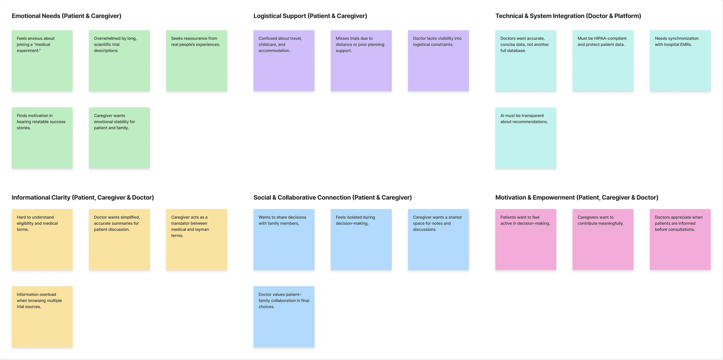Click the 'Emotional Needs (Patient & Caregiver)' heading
(x=67, y=16)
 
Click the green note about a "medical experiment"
(x=42, y=61)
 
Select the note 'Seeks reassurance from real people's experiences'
(x=196, y=61)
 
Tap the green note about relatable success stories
(x=42, y=138)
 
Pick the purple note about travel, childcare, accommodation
(x=284, y=61)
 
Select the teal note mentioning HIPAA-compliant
(x=603, y=61)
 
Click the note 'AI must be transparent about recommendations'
(x=526, y=138)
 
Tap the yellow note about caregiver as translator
(x=196, y=239)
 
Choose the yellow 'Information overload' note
(x=42, y=317)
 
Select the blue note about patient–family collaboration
(x=284, y=317)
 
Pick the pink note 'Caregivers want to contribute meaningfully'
(x=603, y=239)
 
